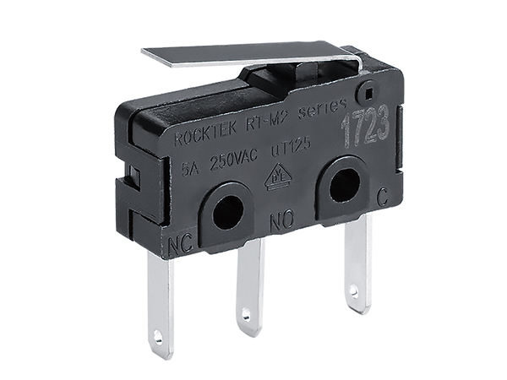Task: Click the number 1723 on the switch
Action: coord(365,127)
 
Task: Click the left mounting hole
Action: coord(226,212)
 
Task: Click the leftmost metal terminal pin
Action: coord(160,304)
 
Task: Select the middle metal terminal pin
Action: coord(249,287)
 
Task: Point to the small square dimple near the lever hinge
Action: coord(367,89)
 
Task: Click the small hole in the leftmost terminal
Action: coord(157,339)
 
